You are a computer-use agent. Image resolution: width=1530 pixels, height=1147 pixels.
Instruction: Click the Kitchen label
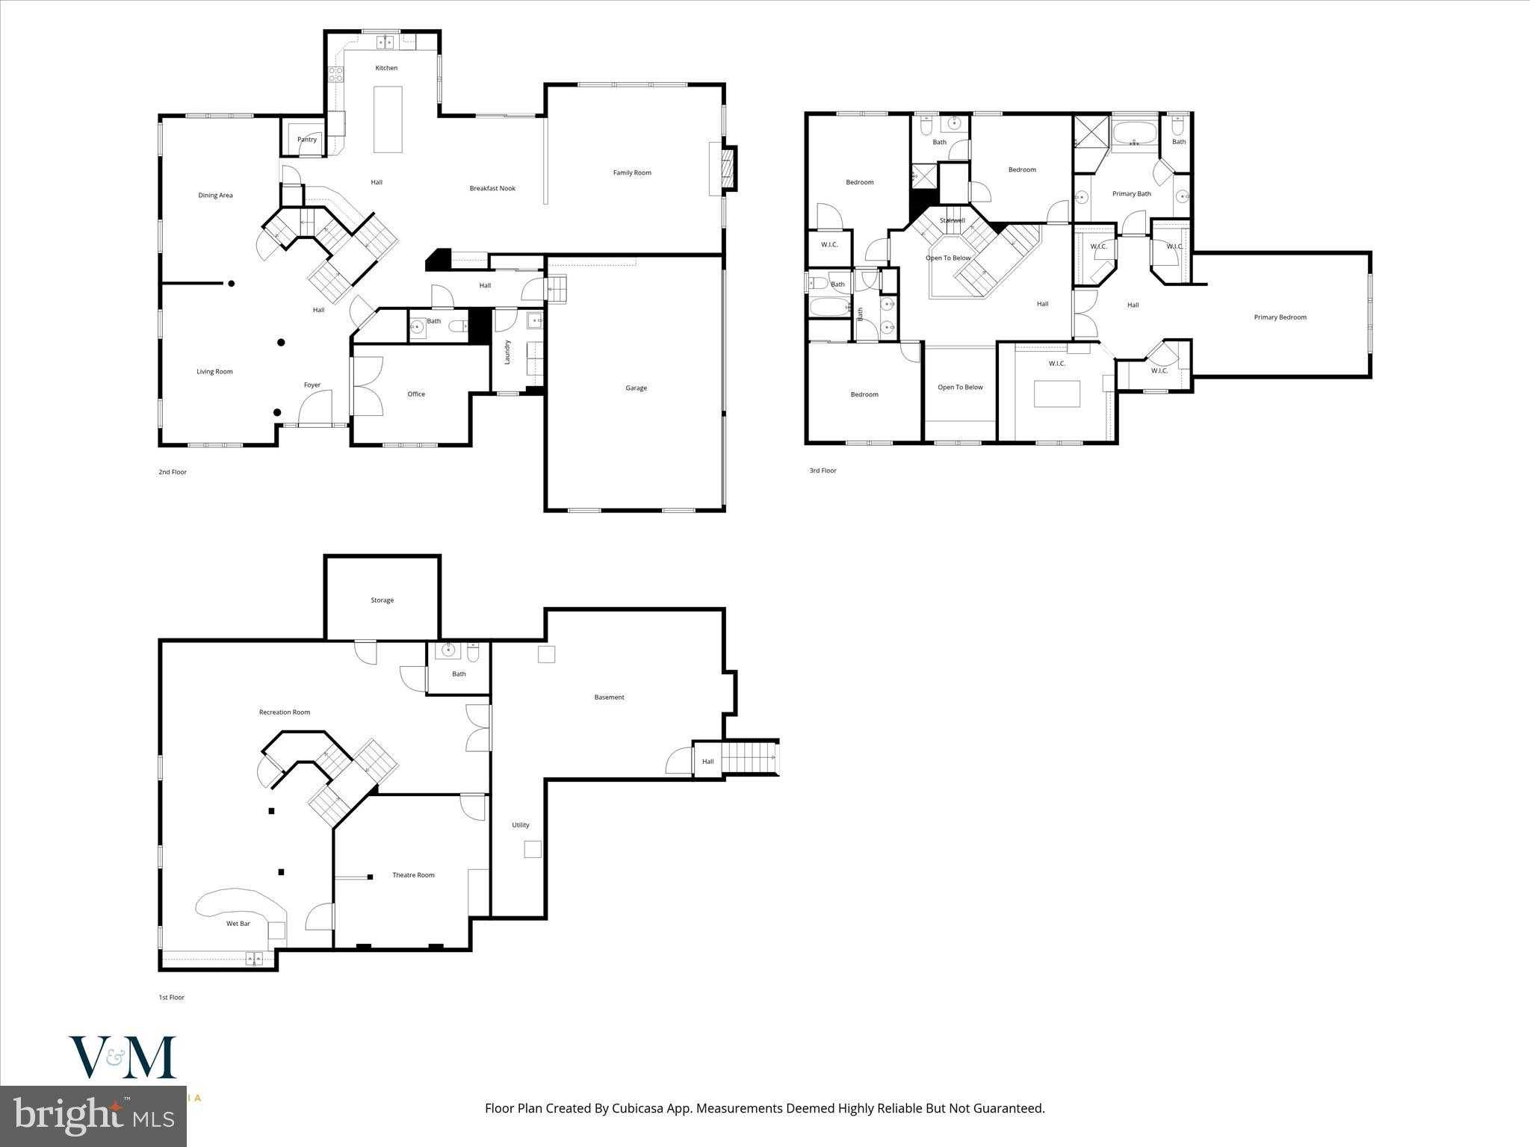[386, 68]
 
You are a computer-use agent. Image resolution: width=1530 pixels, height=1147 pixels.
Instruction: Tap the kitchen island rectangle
[387, 119]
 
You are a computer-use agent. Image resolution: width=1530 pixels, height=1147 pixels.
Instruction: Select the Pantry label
[307, 140]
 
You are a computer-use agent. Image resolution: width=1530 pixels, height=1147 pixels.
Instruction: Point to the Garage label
[636, 388]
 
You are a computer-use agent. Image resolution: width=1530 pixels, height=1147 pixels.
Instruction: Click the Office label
[416, 394]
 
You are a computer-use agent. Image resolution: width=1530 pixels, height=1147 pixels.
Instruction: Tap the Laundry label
[507, 352]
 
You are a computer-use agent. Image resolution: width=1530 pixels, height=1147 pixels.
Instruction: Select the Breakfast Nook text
[492, 188]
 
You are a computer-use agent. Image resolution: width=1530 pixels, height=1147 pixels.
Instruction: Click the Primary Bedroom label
[1280, 317]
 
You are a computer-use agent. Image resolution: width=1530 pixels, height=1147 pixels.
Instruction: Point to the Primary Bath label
[1131, 194]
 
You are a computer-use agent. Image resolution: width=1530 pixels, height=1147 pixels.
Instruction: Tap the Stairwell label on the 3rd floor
[952, 220]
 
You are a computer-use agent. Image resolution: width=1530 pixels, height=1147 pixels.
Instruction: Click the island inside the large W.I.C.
[1056, 394]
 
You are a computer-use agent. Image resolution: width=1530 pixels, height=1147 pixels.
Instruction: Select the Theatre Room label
[413, 875]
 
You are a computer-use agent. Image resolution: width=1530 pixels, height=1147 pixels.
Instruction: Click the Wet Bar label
[238, 924]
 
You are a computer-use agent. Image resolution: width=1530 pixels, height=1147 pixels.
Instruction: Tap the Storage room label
[382, 600]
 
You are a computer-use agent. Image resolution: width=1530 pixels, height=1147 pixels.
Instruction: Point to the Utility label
[521, 825]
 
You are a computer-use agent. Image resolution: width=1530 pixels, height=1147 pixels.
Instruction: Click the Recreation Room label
[284, 712]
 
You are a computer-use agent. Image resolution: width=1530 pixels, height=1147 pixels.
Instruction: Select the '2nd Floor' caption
[173, 472]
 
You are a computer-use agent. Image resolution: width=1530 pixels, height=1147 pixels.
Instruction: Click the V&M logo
[123, 1057]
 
